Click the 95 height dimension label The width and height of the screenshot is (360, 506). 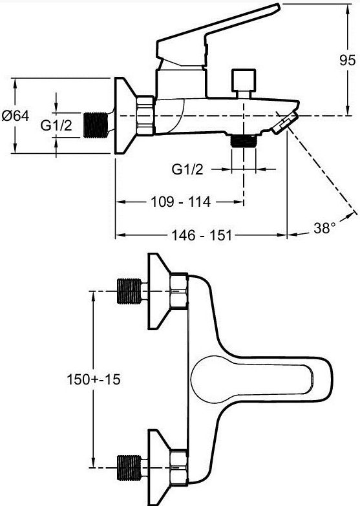(x=348, y=60)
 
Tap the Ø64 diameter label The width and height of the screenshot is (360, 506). (x=15, y=116)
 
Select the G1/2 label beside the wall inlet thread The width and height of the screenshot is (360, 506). (x=56, y=125)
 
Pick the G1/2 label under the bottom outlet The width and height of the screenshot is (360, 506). (x=187, y=169)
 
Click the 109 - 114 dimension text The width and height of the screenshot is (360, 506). (x=181, y=202)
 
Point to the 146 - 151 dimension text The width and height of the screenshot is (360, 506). (x=202, y=235)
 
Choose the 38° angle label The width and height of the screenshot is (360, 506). (x=324, y=228)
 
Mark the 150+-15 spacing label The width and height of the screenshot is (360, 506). (x=94, y=379)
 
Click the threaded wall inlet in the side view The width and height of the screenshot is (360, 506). (x=96, y=125)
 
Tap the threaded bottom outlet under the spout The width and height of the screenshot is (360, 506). (x=244, y=142)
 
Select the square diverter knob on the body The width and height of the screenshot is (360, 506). (x=244, y=80)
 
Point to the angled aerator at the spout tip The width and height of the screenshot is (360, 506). (x=284, y=122)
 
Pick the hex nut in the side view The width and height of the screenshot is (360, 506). (x=145, y=115)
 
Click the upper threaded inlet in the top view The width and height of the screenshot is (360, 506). (x=129, y=291)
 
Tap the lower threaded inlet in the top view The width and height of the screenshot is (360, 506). (x=129, y=467)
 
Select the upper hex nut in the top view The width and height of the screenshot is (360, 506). (x=179, y=291)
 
